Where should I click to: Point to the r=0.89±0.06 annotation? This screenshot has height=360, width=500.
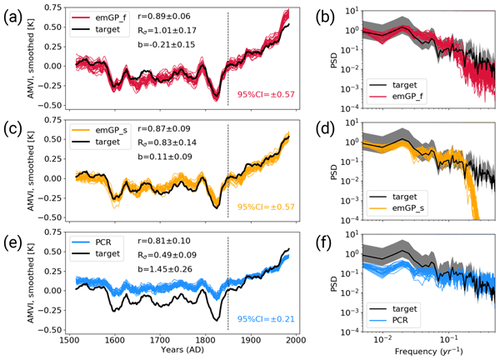(170, 15)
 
